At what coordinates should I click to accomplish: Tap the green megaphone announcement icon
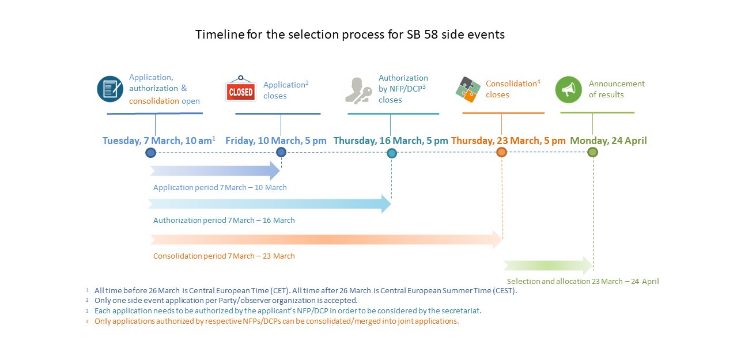tap(569, 90)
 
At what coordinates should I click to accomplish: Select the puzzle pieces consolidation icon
tap(468, 89)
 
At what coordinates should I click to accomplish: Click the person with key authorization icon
tap(358, 91)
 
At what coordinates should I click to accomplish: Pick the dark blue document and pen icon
tap(110, 89)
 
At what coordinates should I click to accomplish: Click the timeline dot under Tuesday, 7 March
tap(151, 153)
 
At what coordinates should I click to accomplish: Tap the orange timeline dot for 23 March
tap(501, 152)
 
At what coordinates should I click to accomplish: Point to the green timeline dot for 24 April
tap(592, 152)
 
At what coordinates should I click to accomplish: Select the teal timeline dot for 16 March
tap(391, 153)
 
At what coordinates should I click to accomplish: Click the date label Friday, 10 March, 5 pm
tap(275, 141)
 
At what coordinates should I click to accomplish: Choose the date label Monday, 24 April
tap(609, 141)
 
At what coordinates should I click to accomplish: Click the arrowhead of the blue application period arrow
tap(275, 170)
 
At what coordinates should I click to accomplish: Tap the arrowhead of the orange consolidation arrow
tap(497, 240)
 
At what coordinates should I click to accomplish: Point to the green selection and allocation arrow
tap(548, 266)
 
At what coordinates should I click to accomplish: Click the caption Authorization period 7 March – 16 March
tap(224, 220)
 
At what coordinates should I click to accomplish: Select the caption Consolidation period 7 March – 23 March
tap(224, 256)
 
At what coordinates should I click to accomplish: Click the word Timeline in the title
tap(220, 35)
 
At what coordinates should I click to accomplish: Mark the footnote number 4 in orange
tap(87, 321)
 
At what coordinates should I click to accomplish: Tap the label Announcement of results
tap(617, 89)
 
